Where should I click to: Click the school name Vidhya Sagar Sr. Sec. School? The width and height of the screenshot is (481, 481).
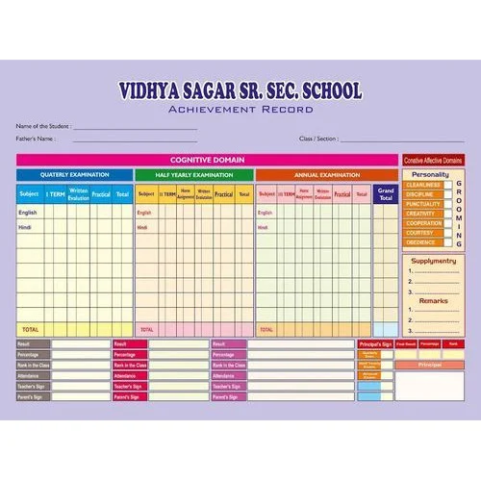[240, 91]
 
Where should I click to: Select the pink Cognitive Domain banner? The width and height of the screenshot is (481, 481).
[207, 160]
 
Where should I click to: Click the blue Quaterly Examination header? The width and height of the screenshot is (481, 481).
[74, 175]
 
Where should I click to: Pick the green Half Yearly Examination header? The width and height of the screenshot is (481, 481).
[193, 175]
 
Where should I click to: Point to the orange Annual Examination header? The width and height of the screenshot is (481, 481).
[313, 175]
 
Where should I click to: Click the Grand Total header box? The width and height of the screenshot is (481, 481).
[386, 193]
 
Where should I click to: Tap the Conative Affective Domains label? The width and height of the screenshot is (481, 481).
[433, 160]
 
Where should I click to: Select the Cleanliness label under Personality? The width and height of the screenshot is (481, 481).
[423, 185]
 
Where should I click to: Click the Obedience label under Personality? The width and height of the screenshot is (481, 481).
[421, 242]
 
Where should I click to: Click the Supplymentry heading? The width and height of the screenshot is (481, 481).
[433, 261]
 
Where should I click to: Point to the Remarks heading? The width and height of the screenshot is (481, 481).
[433, 300]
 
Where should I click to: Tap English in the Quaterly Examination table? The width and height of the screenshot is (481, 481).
[28, 212]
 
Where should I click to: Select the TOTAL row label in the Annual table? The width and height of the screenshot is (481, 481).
[266, 329]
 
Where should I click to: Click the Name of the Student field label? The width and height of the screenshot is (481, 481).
[41, 127]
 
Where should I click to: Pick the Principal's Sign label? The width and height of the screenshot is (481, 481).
[375, 343]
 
